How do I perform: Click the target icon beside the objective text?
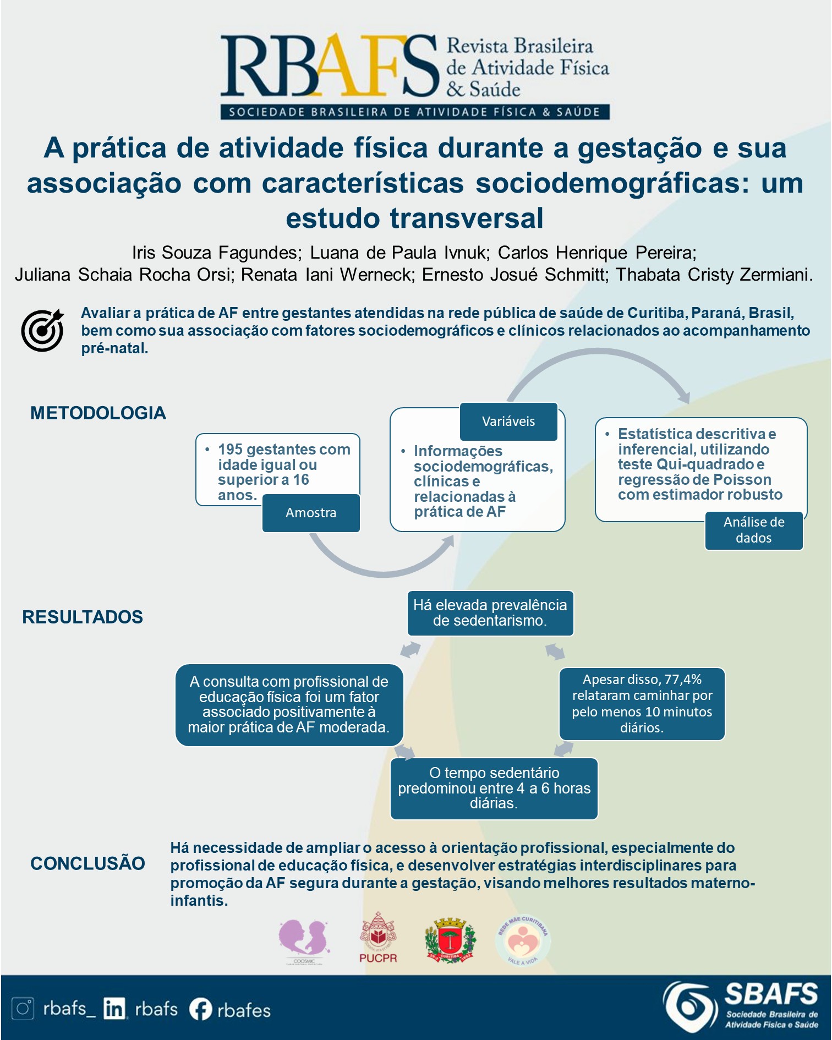click(x=42, y=330)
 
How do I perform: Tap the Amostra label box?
click(x=311, y=513)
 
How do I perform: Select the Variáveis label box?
click(x=508, y=422)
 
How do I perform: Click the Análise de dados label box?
click(x=753, y=530)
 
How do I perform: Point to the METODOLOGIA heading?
click(x=98, y=413)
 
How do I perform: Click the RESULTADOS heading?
click(x=83, y=617)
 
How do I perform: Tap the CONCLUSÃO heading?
click(x=87, y=863)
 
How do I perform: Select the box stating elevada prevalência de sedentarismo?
click(x=490, y=613)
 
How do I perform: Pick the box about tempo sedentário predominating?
click(x=494, y=789)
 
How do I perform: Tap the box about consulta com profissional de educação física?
click(x=289, y=705)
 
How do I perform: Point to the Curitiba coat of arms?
click(x=450, y=940)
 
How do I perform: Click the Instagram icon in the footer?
click(x=23, y=1009)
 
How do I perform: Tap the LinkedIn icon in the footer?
click(x=114, y=1009)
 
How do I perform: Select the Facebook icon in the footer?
click(x=200, y=1009)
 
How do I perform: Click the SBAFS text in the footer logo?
click(x=771, y=994)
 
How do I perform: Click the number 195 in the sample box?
click(x=231, y=450)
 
